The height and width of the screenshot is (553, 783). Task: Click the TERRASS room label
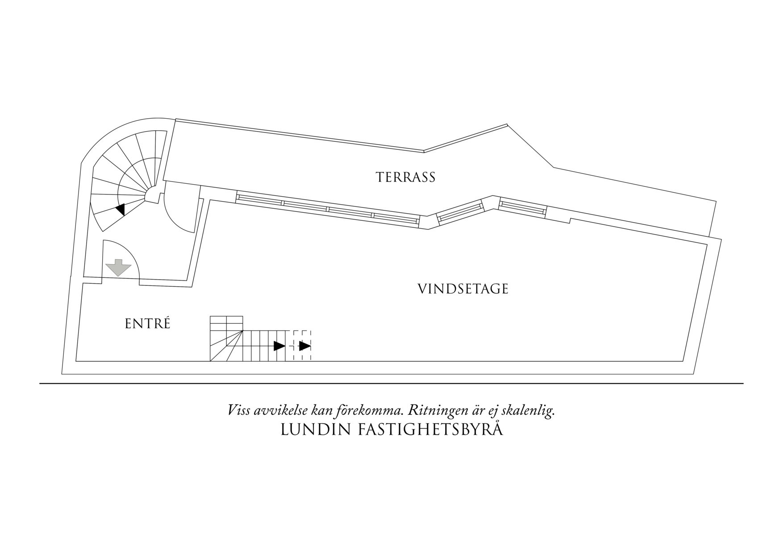(405, 177)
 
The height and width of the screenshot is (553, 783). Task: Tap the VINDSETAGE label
(463, 289)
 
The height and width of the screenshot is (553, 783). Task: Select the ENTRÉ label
(147, 324)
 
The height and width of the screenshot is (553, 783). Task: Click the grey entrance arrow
(118, 267)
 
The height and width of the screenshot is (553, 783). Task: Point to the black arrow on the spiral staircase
(120, 210)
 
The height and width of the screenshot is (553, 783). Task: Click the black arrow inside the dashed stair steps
(305, 346)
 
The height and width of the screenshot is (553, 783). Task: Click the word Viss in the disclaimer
(239, 411)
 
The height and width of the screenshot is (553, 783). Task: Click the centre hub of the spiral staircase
(152, 194)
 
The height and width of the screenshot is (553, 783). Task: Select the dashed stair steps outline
(302, 346)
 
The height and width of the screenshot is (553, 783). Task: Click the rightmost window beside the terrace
(523, 207)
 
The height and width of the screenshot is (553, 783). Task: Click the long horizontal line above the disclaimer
(391, 384)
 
